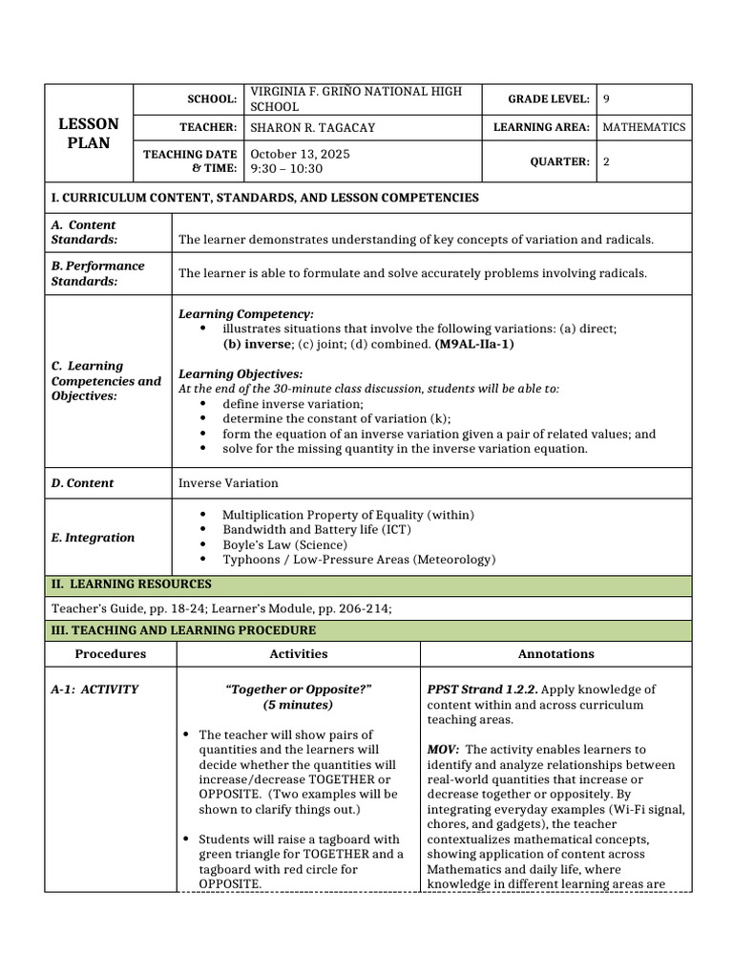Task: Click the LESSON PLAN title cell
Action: click(x=90, y=134)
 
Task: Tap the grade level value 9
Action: click(x=607, y=98)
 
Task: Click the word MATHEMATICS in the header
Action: click(x=644, y=127)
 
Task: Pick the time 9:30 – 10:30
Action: click(x=286, y=169)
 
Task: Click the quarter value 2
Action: click(x=607, y=161)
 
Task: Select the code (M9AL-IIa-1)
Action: click(x=474, y=344)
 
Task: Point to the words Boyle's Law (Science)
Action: click(x=285, y=544)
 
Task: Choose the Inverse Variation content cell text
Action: click(x=228, y=483)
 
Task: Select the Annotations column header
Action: click(x=555, y=654)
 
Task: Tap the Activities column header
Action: click(x=298, y=654)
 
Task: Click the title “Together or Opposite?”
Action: click(x=298, y=690)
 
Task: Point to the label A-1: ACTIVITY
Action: click(x=94, y=690)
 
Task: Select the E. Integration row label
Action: click(x=93, y=538)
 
